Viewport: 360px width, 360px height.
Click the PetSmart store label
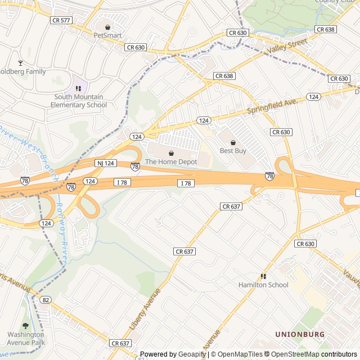(x=107, y=35)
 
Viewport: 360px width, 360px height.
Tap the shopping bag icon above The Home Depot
(x=172, y=153)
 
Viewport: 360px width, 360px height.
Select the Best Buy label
(x=233, y=151)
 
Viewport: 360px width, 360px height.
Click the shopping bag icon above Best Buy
(x=233, y=142)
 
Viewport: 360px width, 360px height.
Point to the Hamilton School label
(x=263, y=285)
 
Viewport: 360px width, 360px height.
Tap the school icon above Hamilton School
(x=263, y=276)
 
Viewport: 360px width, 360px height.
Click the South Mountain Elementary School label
(x=79, y=101)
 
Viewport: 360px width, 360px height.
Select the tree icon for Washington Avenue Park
(x=25, y=326)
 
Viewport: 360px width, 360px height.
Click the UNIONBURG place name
(x=300, y=334)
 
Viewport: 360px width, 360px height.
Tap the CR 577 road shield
(x=61, y=20)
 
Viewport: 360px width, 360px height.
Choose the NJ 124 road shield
(x=106, y=163)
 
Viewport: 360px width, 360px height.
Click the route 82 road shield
(x=46, y=300)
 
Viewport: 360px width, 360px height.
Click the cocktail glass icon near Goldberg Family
(x=21, y=63)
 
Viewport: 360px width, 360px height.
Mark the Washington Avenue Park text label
(x=26, y=338)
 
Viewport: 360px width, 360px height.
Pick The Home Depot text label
(x=172, y=162)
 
